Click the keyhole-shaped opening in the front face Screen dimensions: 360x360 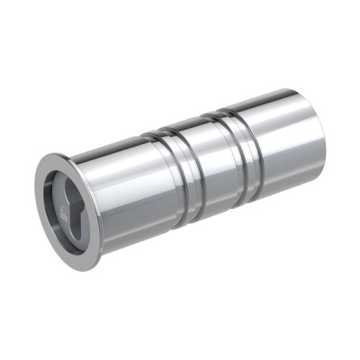(71, 205)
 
